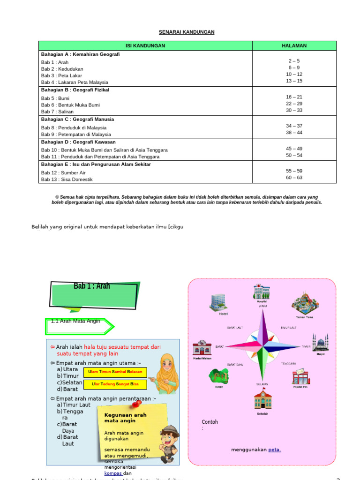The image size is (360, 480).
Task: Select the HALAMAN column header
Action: pyautogui.click(x=294, y=46)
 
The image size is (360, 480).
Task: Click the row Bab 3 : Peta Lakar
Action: pyautogui.click(x=61, y=75)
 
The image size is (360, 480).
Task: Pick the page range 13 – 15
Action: pyautogui.click(x=294, y=81)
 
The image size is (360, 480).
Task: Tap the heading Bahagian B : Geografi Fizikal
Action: pyautogui.click(x=75, y=90)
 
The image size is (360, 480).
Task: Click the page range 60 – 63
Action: pyautogui.click(x=294, y=178)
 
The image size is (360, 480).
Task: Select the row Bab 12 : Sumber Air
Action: pyautogui.click(x=63, y=173)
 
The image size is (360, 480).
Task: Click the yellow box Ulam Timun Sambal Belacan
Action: pyautogui.click(x=115, y=372)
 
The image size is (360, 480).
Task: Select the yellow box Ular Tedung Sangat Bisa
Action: pyautogui.click(x=115, y=384)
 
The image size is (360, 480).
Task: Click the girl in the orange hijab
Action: pyautogui.click(x=165, y=374)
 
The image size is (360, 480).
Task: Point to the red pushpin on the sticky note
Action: pyautogui.click(x=137, y=403)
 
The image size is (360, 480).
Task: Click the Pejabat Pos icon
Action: pyautogui.click(x=300, y=376)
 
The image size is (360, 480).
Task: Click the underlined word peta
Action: pyautogui.click(x=274, y=450)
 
